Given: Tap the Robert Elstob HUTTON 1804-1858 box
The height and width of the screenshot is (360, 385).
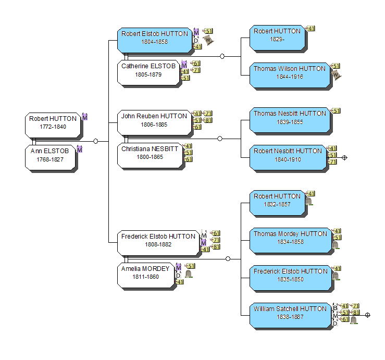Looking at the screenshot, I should click(154, 38).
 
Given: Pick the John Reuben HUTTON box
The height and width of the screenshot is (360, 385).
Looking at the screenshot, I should click(154, 120).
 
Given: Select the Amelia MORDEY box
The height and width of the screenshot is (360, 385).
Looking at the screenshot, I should click(145, 273).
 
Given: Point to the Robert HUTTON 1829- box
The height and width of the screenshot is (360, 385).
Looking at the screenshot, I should click(277, 35).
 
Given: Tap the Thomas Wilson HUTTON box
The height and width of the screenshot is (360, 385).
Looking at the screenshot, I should click(289, 73).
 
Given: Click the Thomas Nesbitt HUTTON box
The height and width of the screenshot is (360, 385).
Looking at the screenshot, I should click(289, 118).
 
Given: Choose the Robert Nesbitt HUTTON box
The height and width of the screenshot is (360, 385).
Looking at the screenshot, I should click(288, 155).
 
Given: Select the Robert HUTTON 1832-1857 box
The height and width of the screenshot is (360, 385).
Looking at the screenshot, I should click(277, 201).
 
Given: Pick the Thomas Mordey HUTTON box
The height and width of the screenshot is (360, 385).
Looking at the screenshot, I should click(290, 238).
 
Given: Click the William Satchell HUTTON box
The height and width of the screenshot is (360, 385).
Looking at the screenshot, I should click(290, 313).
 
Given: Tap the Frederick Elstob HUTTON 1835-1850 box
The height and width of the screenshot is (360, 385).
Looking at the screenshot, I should click(290, 276).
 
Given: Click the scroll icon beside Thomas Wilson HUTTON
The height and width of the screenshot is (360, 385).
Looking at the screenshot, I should click(337, 75).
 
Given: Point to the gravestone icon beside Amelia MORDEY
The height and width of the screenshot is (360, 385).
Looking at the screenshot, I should click(189, 274).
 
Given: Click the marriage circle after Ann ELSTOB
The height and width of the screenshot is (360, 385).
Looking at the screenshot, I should click(95, 141).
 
